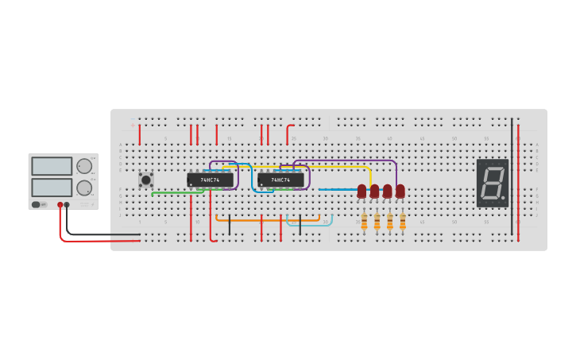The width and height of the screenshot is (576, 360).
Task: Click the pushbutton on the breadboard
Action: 146,180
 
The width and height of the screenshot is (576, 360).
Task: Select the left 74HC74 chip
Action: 210,180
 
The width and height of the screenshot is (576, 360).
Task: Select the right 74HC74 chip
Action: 280,180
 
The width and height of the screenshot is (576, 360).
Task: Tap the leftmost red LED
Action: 361,191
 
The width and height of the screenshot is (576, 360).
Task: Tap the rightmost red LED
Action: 400,191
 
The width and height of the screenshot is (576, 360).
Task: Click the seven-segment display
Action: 493,183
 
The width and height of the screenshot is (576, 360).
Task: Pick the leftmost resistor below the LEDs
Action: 364,223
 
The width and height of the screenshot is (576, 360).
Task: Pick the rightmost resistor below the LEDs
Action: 402,223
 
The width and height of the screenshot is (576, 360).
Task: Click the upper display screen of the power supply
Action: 52,166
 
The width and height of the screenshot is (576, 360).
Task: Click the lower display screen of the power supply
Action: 52,188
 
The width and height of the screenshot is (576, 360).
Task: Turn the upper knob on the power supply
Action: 83,166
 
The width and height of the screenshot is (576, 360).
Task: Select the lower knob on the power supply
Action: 83,188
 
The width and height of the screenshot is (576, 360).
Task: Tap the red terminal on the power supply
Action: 60,205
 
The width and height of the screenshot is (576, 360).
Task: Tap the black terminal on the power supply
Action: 67,205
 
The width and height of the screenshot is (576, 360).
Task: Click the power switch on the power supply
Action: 37,205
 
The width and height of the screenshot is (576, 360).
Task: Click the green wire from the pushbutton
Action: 171,192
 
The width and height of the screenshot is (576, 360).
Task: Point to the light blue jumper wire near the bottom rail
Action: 310,225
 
